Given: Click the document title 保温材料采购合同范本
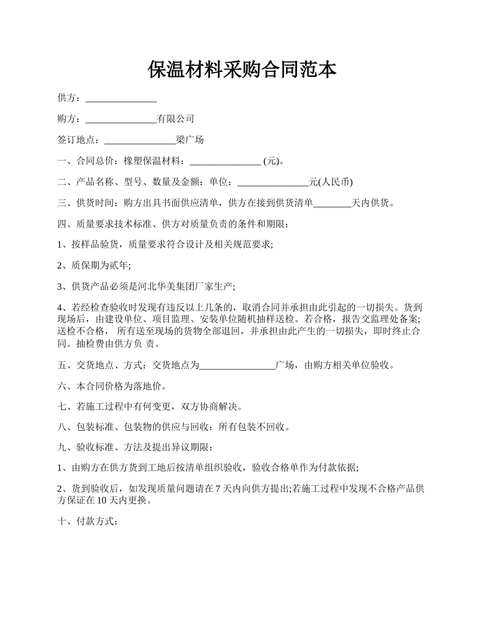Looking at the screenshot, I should click(242, 70).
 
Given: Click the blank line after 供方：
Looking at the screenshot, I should click(121, 98).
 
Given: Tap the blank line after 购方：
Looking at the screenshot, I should click(121, 119).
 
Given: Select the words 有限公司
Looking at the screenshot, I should click(175, 119).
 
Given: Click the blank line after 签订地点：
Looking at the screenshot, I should click(140, 140).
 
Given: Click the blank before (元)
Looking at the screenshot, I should click(225, 162).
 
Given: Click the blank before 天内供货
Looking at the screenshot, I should click(332, 203).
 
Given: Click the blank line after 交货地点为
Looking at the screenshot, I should click(237, 365).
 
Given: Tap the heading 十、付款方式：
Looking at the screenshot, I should click(88, 521).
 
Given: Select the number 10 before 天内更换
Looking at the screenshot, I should click(101, 501).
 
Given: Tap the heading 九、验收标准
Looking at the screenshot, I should click(90, 448).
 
